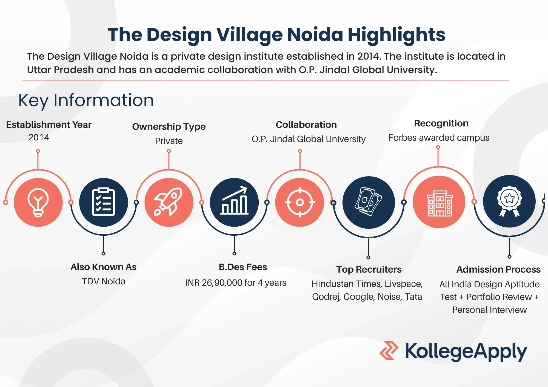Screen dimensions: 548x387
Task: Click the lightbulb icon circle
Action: pos(38,202)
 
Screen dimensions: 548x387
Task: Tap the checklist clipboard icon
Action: pos(103,202)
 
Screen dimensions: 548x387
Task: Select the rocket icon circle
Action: pos(169,202)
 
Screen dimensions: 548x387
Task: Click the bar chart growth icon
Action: pos(234,202)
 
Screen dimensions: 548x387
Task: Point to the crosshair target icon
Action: pos(300,202)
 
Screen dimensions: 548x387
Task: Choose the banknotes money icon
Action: pos(369,202)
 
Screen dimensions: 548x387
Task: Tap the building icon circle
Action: pos(439,202)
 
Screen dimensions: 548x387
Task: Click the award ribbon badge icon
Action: pos(509,201)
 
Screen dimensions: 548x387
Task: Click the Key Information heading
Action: pos(86,100)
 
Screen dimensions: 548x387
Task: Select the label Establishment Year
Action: pos(49,125)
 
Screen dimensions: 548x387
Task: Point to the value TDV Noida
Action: pos(103,281)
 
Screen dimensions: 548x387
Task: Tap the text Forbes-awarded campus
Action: pos(439,138)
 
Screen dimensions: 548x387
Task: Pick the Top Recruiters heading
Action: pos(369,270)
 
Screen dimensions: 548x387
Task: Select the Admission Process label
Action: pos(498,270)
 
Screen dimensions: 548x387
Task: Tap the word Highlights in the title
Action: pos(396,35)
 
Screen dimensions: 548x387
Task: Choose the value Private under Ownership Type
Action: pos(169,141)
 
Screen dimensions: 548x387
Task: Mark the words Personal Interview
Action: pos(489,310)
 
